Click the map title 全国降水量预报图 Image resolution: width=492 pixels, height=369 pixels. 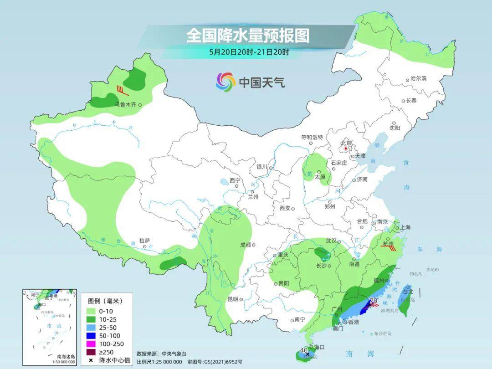tap(248, 36)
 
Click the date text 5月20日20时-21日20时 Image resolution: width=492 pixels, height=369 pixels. tap(249, 52)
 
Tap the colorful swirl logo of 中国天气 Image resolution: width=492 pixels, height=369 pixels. tap(225, 82)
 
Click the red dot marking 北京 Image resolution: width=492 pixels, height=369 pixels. tap(346, 149)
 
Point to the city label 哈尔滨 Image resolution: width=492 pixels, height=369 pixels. tap(418, 79)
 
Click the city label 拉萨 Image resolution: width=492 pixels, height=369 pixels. tap(144, 240)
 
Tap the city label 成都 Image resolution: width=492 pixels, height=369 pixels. tap(245, 245)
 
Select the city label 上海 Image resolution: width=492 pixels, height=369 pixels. tap(405, 228)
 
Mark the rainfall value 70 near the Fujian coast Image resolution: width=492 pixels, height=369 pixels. tap(373, 301)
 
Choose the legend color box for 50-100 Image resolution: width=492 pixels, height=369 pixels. tap(92, 336)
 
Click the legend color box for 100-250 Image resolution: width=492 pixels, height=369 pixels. tap(92, 344)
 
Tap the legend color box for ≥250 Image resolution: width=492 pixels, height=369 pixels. tap(92, 352)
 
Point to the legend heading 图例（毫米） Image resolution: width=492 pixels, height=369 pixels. tap(105, 301)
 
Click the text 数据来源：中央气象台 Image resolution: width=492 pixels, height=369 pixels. tap(162, 354)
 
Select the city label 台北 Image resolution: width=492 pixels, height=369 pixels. tap(407, 292)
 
